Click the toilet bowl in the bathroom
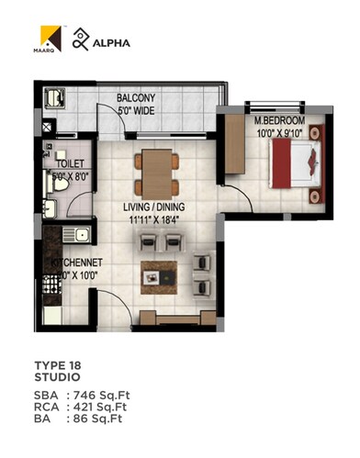pos(57,183)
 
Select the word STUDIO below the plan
pos(57,376)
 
